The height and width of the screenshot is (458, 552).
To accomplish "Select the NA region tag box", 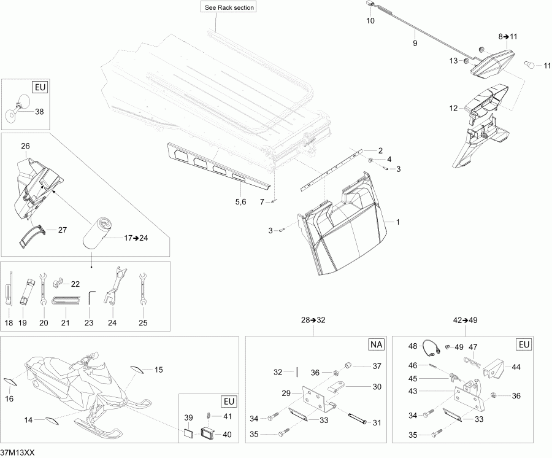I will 375,345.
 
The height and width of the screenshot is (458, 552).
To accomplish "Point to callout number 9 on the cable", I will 415,44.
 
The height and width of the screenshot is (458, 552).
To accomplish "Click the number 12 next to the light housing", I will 453,109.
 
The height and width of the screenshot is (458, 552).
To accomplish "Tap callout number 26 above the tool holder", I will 25,146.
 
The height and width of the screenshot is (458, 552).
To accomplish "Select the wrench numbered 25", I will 142,288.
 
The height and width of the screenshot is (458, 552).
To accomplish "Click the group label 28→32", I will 313,320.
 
